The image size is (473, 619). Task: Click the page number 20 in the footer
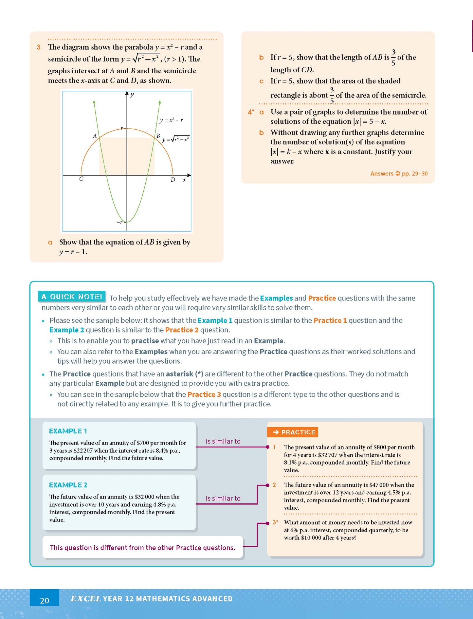pos(45,600)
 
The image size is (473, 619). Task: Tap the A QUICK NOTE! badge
pos(72,297)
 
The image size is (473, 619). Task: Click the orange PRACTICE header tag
pos(293,432)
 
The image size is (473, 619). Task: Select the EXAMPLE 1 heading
pos(68,431)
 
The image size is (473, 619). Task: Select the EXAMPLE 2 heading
pos(68,485)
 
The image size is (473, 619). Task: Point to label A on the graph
pos(95,136)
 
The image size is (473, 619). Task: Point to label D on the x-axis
pos(173,179)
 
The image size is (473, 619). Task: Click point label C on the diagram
pos(81,179)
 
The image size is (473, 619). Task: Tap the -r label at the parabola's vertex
pos(120,222)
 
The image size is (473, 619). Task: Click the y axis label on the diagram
pos(132,95)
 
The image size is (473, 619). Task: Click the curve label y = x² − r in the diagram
pos(171,120)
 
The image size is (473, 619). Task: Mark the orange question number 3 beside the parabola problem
pos(39,47)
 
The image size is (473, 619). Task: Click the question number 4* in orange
pos(251,112)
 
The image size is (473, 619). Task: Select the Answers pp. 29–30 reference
pos(399,173)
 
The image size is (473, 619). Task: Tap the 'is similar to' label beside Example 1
pos(223,441)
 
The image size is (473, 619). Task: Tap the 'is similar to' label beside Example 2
pos(223,498)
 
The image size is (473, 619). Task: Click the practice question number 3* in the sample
pos(275,522)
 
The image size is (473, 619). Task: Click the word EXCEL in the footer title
pos(85,599)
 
